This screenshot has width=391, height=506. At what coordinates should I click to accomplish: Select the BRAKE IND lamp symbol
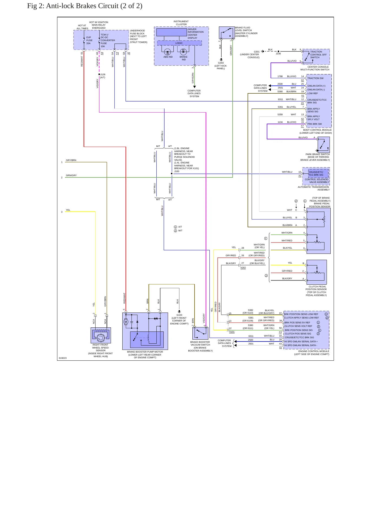183,51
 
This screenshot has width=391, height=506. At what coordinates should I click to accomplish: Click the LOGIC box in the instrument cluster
179,43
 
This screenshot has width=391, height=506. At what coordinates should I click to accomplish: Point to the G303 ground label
221,63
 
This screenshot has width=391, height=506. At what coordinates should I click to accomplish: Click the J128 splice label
103,74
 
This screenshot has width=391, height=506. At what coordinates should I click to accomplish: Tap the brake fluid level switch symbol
227,33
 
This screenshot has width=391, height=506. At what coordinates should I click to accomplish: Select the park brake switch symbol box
324,145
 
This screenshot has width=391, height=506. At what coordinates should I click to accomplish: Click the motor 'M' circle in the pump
126,322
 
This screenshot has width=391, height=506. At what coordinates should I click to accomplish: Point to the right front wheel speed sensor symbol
101,335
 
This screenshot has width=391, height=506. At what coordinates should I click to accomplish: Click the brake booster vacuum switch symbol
200,333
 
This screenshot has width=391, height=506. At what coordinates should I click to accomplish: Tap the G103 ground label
179,315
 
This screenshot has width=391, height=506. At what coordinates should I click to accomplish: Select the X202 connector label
243,268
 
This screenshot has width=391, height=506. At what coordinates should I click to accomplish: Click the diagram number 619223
63,358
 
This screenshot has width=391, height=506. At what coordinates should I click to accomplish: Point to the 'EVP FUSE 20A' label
89,40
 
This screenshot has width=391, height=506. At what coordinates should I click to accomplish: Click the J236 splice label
278,54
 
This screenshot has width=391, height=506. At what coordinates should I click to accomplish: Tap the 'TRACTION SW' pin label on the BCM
315,78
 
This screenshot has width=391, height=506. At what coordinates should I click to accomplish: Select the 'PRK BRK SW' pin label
314,124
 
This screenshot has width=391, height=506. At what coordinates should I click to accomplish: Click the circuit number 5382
251,310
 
